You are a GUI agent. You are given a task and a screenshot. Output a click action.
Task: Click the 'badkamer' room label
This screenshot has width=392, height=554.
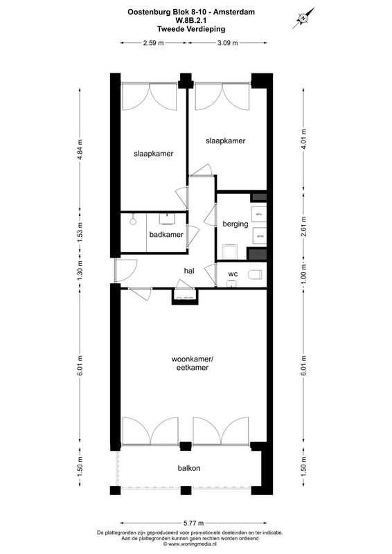pyautogui.click(x=166, y=235)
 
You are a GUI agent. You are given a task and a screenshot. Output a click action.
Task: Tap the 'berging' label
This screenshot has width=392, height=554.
pyautogui.click(x=235, y=224)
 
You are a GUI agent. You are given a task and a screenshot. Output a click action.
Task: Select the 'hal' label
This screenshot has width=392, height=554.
pyautogui.click(x=188, y=271)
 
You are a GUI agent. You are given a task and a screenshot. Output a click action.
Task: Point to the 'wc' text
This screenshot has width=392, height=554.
pyautogui.click(x=233, y=274)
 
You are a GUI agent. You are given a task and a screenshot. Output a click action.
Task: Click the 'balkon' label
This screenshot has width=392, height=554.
pyautogui.click(x=188, y=468)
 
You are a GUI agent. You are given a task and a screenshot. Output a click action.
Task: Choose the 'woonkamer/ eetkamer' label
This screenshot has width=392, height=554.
pyautogui.click(x=191, y=364)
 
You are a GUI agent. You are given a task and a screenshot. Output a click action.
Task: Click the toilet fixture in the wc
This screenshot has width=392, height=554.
pyautogui.click(x=254, y=274)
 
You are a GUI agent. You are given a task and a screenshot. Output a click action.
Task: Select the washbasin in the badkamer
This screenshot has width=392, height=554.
pyautogui.click(x=168, y=219)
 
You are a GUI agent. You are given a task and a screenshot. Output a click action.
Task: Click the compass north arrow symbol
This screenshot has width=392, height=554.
pyautogui.click(x=302, y=18)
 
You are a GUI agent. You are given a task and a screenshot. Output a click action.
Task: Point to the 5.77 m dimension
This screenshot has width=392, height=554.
pyautogui.click(x=193, y=522)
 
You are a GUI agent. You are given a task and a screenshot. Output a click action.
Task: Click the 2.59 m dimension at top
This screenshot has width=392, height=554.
pyautogui.click(x=152, y=43)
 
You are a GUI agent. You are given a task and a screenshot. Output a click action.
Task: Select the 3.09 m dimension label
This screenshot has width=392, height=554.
pyautogui.click(x=227, y=43)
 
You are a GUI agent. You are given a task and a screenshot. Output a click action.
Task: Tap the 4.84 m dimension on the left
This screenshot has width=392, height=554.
pyautogui.click(x=80, y=148)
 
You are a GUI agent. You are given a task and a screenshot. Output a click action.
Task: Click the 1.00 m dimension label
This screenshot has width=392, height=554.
pyautogui.click(x=303, y=275)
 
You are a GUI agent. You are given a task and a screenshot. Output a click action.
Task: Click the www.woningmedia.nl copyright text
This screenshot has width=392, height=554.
pyautogui.click(x=195, y=545)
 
